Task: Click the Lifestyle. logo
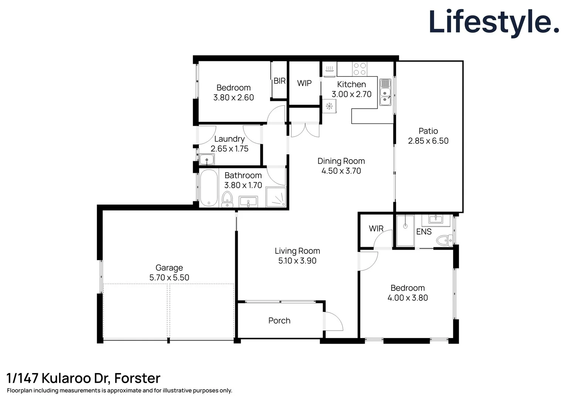pos(494,22)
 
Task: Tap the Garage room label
pos(169,267)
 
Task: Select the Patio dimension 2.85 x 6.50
pos(428,141)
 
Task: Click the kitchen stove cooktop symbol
pos(359,69)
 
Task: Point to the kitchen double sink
pos(385,92)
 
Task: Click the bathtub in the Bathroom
pos(209,188)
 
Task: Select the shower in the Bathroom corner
pos(276,197)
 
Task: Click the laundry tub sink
pos(206,160)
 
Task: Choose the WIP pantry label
pos(304,83)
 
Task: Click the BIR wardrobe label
pos(280,81)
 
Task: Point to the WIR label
pos(376,229)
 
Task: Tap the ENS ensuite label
pos(424,232)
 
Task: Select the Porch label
pos(279,321)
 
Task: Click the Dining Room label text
pos(341,161)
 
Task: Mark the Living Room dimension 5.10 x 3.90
pos(297,261)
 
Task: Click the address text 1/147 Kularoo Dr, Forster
pos(84,378)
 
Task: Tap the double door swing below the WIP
pos(305,130)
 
